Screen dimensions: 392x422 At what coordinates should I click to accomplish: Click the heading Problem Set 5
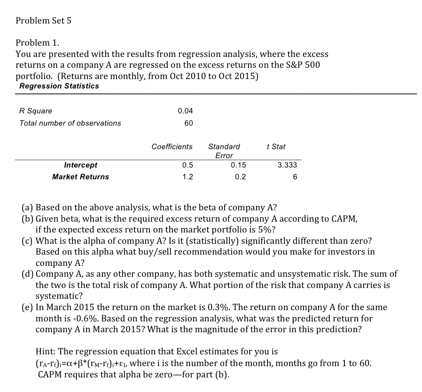click(43, 21)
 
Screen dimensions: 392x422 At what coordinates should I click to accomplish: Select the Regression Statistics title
click(59, 86)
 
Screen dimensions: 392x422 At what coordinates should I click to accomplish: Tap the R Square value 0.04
click(185, 111)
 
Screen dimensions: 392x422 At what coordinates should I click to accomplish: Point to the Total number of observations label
click(70, 123)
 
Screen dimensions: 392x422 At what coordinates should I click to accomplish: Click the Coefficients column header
click(172, 147)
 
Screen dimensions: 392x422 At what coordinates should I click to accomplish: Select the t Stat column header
click(276, 147)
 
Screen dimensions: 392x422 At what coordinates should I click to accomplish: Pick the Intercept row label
click(80, 165)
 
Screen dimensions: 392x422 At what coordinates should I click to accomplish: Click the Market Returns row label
click(80, 177)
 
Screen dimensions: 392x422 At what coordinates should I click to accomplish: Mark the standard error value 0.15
click(239, 165)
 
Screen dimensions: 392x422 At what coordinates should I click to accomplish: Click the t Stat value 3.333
click(287, 165)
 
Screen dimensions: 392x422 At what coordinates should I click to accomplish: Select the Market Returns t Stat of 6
click(295, 177)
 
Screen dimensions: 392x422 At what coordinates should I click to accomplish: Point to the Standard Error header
click(224, 151)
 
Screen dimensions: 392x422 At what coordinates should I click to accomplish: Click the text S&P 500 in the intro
click(303, 65)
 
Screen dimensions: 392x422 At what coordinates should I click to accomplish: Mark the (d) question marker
click(28, 274)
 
